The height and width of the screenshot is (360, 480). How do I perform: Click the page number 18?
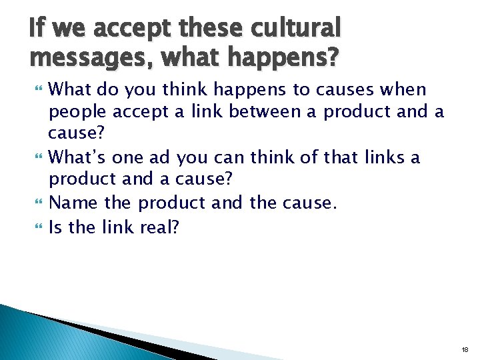[x=465, y=349]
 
